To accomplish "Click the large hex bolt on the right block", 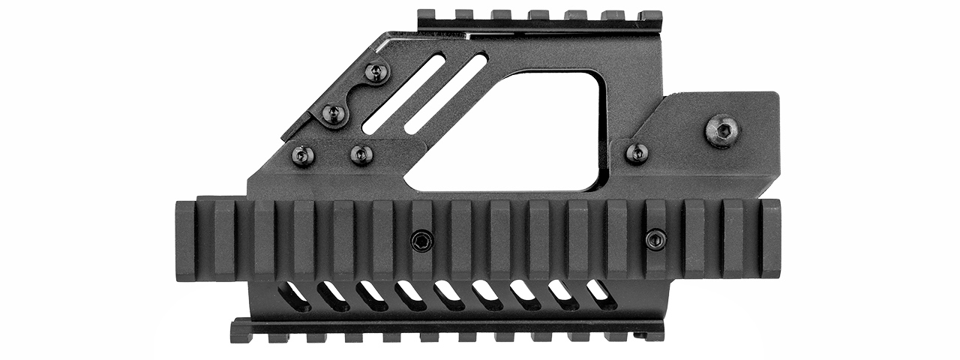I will pyautogui.click(x=722, y=131).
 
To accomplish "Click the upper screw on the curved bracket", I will pyautogui.click(x=377, y=73).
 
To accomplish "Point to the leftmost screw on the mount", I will pyautogui.click(x=302, y=155).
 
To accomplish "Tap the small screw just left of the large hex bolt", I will pyautogui.click(x=637, y=154).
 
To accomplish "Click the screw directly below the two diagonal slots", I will pyautogui.click(x=361, y=154).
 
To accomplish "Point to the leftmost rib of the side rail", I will pyautogui.click(x=185, y=240).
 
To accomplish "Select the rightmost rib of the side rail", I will pyautogui.click(x=770, y=238).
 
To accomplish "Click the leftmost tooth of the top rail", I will pyautogui.click(x=426, y=15).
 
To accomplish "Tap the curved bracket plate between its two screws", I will pyautogui.click(x=355, y=94).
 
